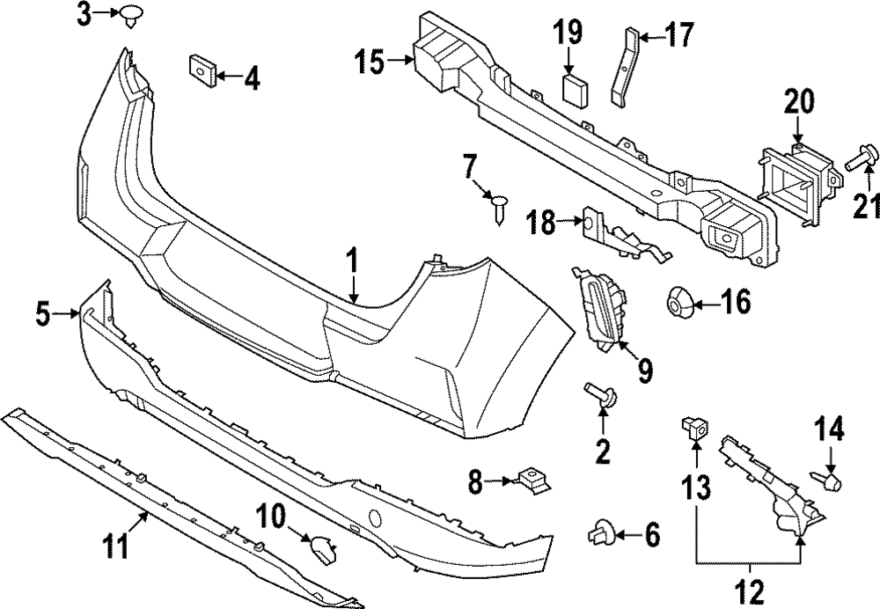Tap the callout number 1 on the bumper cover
tap(352, 261)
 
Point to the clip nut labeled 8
tap(530, 480)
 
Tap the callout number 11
tap(114, 546)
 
